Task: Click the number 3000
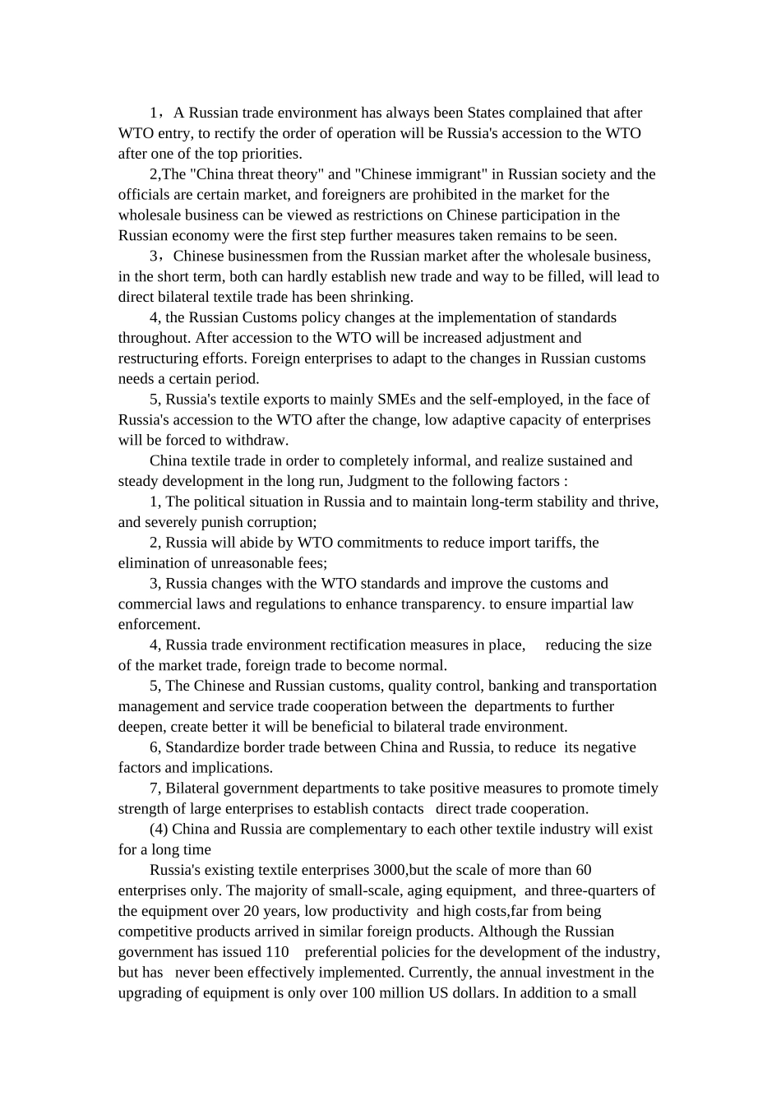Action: click(390, 870)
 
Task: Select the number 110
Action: click(277, 952)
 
